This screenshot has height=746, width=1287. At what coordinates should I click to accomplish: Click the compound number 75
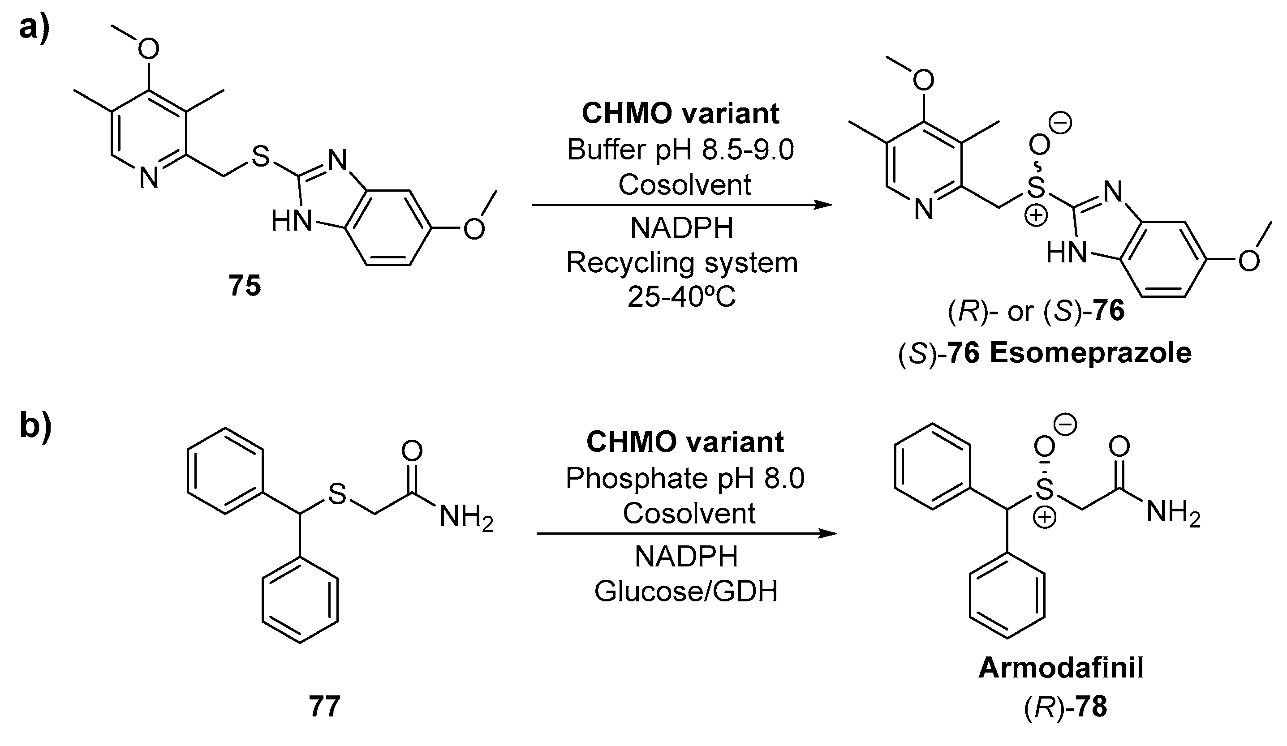(x=245, y=286)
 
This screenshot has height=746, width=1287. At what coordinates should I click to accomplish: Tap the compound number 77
(x=324, y=707)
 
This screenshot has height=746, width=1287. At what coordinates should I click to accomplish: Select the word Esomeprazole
(x=1090, y=353)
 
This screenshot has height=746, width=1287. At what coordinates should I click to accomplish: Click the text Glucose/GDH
(x=686, y=591)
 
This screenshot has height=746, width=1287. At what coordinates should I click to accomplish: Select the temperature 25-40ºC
(x=682, y=297)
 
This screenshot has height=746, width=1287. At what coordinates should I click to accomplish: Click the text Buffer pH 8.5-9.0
(x=681, y=150)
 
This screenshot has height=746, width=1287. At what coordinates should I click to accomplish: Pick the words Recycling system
(x=682, y=263)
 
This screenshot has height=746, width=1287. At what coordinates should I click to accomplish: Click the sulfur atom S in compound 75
(x=260, y=157)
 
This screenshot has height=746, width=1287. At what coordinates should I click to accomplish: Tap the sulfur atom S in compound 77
(x=337, y=494)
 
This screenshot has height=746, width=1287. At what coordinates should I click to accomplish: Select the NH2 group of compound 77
(x=466, y=518)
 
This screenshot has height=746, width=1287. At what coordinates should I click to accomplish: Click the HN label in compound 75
(x=291, y=222)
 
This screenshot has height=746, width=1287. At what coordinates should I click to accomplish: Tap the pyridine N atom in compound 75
(x=149, y=179)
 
